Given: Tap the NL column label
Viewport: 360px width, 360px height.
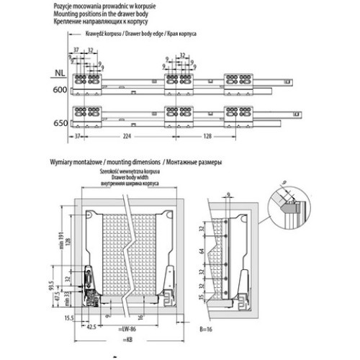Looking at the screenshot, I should pyautogui.click(x=62, y=72).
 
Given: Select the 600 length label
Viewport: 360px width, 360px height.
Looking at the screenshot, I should pyautogui.click(x=61, y=90).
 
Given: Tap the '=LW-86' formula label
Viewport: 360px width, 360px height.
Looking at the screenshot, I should pyautogui.click(x=128, y=328).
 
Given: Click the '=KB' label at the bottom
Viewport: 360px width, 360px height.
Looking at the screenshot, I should pyautogui.click(x=128, y=337).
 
